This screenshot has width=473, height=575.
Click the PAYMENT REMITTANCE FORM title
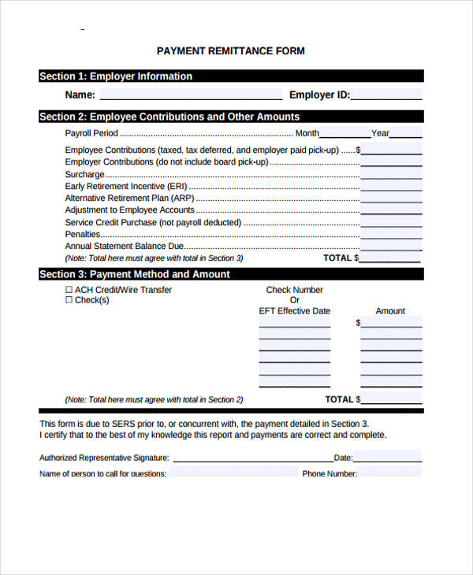pyautogui.click(x=230, y=51)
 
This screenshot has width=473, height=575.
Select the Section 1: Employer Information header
pyautogui.click(x=116, y=76)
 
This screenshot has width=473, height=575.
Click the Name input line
pyautogui.click(x=190, y=95)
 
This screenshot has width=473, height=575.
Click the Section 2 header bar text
pyautogui.click(x=169, y=117)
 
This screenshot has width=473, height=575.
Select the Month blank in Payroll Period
pyautogui.click(x=345, y=133)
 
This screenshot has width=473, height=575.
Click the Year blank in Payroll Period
pyautogui.click(x=406, y=133)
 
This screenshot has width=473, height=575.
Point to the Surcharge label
pyautogui.click(x=84, y=174)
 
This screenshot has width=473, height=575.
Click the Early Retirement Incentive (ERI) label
pyautogui.click(x=121, y=187)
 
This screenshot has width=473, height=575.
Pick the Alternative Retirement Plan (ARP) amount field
pyautogui.click(x=391, y=198)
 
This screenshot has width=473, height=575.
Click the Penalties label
pyautogui.click(x=83, y=235)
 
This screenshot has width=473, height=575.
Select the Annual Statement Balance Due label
pyautogui.click(x=125, y=247)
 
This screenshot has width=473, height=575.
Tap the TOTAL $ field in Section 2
pyautogui.click(x=391, y=258)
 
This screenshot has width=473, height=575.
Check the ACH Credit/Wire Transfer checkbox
pyautogui.click(x=69, y=290)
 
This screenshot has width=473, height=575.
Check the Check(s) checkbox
pyautogui.click(x=69, y=300)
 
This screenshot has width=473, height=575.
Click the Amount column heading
pyautogui.click(x=390, y=311)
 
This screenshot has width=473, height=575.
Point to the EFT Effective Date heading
pyautogui.click(x=295, y=311)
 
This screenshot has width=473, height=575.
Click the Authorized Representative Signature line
pyautogui.click(x=252, y=457)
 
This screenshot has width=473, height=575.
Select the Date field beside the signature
pyautogui.click(x=387, y=457)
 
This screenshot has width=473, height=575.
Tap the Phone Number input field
pyautogui.click(x=390, y=473)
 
